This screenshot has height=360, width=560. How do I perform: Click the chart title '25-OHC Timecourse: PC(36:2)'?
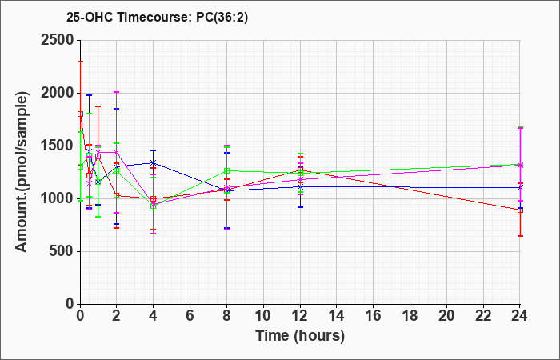click(x=157, y=18)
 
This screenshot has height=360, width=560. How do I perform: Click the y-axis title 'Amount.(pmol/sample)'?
click(x=22, y=172)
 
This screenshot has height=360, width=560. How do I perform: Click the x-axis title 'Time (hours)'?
click(x=300, y=336)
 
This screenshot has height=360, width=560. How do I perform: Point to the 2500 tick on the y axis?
click(x=59, y=40)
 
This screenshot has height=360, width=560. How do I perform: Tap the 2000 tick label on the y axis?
click(x=59, y=94)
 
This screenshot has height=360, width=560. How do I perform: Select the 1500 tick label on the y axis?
click(x=59, y=146)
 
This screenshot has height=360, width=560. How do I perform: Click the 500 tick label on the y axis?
click(x=63, y=251)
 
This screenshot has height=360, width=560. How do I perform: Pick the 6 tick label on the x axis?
click(x=190, y=316)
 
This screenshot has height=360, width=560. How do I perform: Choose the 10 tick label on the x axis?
click(x=263, y=316)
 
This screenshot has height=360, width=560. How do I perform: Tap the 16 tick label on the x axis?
click(x=374, y=316)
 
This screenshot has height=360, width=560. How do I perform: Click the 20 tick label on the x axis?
click(x=446, y=316)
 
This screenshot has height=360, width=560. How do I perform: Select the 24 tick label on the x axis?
click(x=520, y=316)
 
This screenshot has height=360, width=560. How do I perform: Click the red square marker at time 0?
click(x=80, y=114)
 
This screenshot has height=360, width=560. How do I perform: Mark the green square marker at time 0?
click(x=80, y=166)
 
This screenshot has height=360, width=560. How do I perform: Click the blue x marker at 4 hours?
click(x=154, y=163)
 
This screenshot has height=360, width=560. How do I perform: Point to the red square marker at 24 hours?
click(x=520, y=210)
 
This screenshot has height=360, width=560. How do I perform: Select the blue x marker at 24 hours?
click(x=520, y=187)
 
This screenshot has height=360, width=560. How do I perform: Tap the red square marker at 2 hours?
click(x=117, y=195)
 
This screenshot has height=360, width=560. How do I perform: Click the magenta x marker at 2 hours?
click(x=117, y=153)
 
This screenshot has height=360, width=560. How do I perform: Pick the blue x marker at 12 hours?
click(x=300, y=186)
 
